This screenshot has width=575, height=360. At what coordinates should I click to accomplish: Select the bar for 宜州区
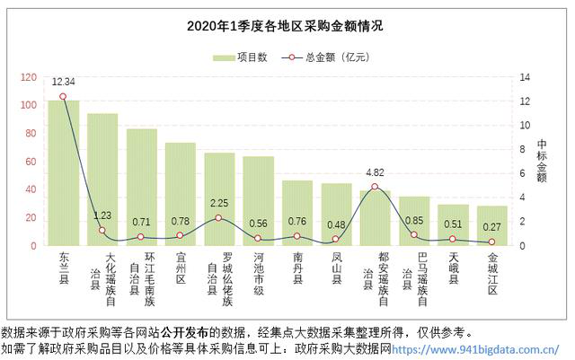(x=180, y=194)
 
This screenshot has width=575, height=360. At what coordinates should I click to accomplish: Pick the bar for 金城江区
(x=491, y=225)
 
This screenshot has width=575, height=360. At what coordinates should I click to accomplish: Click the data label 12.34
(x=63, y=82)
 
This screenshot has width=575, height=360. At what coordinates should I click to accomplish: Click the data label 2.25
(x=219, y=203)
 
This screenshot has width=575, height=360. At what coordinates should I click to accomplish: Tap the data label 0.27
(x=491, y=227)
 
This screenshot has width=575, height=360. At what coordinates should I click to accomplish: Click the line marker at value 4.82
(x=375, y=187)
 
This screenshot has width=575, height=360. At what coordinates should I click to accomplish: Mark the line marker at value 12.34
(x=63, y=96)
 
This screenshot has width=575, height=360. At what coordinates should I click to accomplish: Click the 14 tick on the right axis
(x=527, y=77)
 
